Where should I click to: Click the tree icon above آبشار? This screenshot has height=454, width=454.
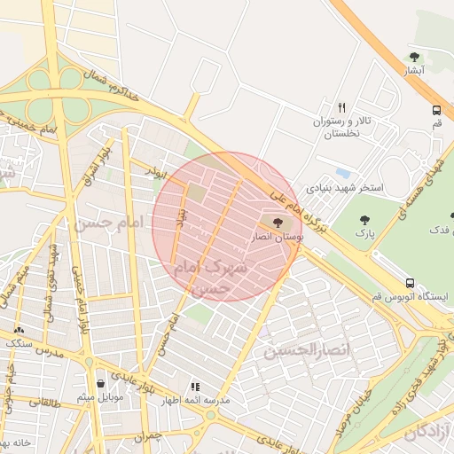414,57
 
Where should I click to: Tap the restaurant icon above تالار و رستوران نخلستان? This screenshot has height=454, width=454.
341,105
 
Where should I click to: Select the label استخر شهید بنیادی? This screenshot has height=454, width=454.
345,187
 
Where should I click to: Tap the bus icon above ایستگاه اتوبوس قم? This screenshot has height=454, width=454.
409,283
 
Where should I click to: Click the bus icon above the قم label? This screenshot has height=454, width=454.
436,111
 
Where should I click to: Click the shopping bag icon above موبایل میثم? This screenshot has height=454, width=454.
99,383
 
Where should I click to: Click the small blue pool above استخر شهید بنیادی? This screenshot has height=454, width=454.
342,173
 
